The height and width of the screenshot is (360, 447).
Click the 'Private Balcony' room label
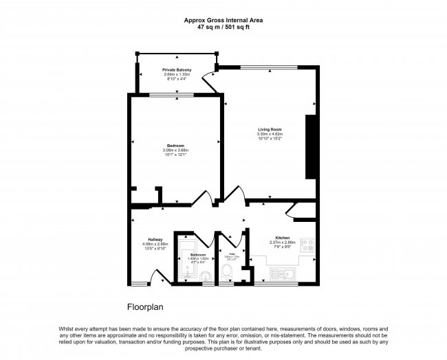point(177,71)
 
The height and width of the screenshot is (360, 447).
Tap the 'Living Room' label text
point(270,129)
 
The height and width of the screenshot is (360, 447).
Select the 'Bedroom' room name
point(175,146)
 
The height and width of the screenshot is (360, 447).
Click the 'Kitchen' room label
point(282,238)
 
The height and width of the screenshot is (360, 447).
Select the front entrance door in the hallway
point(160,277)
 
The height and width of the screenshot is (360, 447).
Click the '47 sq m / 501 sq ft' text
point(223,27)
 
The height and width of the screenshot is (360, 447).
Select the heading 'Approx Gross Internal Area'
point(223,20)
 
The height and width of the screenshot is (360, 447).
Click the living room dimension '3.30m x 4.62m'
point(270,134)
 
